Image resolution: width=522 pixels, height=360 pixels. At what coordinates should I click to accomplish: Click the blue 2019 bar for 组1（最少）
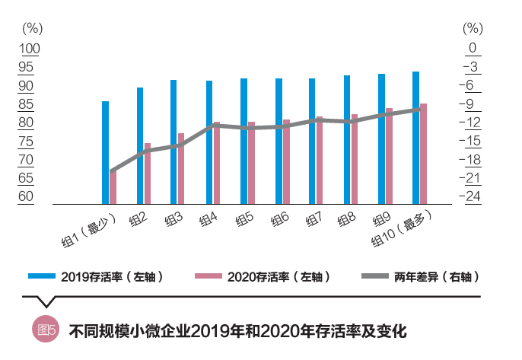(x=105, y=152)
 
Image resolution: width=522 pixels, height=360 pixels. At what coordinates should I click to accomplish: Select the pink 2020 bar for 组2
(x=148, y=174)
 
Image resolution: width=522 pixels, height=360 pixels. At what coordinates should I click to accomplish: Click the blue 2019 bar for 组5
(x=243, y=141)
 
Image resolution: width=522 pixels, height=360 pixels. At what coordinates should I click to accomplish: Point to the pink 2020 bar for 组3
(x=181, y=169)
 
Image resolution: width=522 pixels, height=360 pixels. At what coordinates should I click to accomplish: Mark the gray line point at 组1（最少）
(x=111, y=172)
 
